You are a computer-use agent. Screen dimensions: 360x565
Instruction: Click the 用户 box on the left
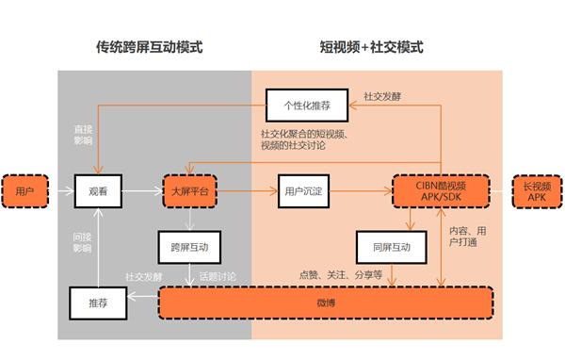(x=25, y=192)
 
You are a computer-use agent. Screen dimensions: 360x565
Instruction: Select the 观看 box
(x=98, y=192)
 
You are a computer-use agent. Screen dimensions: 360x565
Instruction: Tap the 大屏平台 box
(x=190, y=192)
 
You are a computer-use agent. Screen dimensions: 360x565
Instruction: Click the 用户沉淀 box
(x=305, y=192)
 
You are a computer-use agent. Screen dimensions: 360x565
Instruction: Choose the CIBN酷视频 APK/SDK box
(x=440, y=192)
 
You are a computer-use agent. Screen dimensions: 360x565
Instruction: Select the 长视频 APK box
(x=536, y=192)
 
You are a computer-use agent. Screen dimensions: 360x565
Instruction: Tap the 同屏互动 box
(x=384, y=247)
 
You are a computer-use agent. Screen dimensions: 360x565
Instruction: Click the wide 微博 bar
(x=326, y=302)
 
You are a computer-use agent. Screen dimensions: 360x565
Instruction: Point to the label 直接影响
(x=83, y=134)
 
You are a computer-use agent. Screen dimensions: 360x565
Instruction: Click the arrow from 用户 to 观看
(x=60, y=192)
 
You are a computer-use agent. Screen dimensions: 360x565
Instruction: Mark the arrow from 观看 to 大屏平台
(x=140, y=192)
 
